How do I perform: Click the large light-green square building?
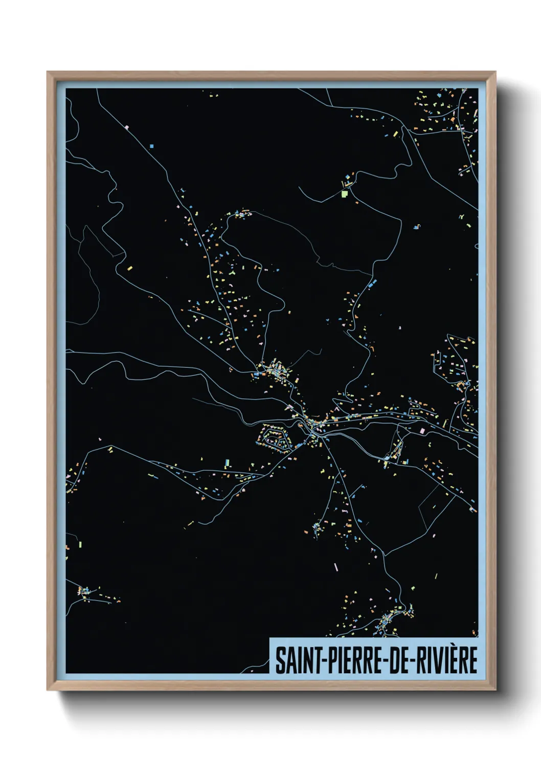344,194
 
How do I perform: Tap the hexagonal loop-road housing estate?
275,437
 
